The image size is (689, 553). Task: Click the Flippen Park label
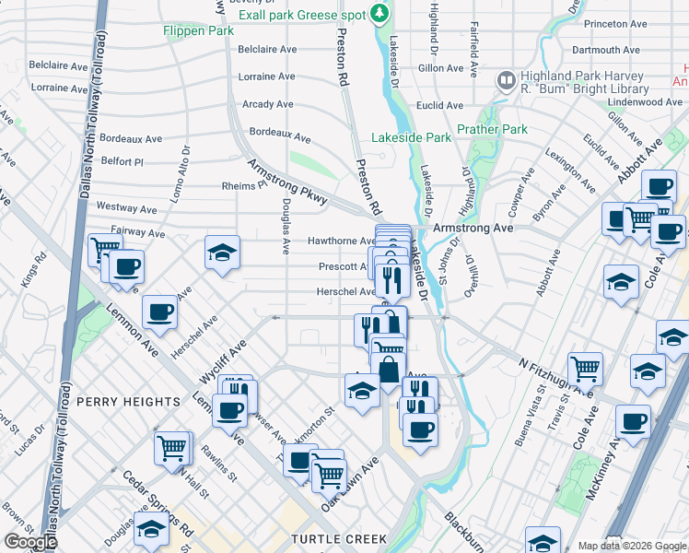pyautogui.click(x=198, y=30)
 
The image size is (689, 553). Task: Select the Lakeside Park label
pyautogui.click(x=411, y=137)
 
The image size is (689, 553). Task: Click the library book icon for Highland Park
pyautogui.click(x=505, y=81)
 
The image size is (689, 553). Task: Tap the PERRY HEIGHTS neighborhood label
pyautogui.click(x=128, y=402)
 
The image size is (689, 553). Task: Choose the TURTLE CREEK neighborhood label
pyautogui.click(x=334, y=538)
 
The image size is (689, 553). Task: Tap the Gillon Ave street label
pyautogui.click(x=440, y=68)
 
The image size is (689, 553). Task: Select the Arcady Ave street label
pyautogui.click(x=268, y=104)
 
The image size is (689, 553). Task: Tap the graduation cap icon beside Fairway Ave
pyautogui.click(x=222, y=252)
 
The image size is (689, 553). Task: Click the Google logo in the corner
pyautogui.click(x=29, y=542)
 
